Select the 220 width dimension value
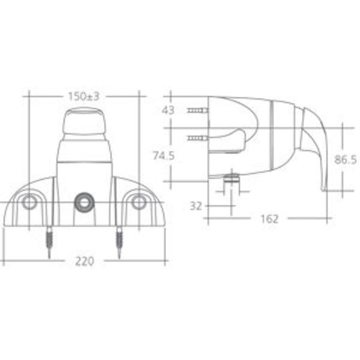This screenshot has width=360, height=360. click(84, 261)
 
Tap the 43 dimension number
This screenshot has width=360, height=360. click(169, 110)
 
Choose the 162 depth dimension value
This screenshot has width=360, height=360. click(269, 218)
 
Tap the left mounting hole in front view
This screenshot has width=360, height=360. click(28, 203)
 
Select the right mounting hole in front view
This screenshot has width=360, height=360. click(139, 203)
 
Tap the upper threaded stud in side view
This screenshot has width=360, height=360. click(197, 111)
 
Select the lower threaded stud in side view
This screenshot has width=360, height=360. click(197, 139)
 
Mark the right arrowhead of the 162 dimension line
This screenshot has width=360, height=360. click(329, 218)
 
